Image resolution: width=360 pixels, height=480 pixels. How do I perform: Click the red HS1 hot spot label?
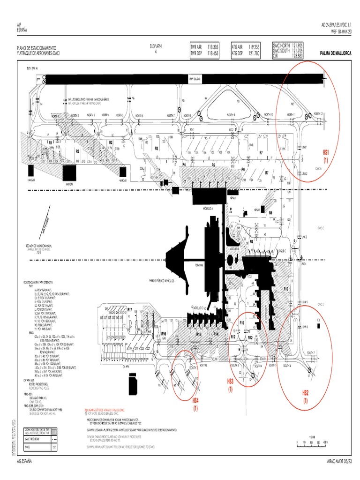click(326, 152)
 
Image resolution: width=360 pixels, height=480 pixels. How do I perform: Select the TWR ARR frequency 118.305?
click(213, 47)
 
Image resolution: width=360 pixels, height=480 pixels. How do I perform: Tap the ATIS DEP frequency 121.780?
click(254, 53)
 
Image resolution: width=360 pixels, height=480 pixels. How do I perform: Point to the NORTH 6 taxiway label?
click(140, 115)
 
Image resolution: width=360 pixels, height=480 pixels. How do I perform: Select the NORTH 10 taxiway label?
click(268, 115)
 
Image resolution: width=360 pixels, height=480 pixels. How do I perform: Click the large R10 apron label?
click(285, 289)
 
